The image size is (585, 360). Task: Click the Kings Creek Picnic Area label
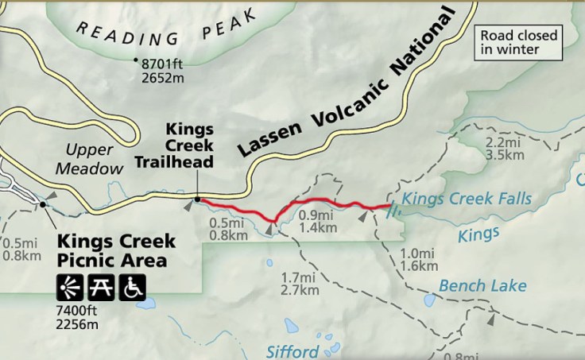(x=114, y=250)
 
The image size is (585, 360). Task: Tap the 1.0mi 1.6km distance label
(x=417, y=258)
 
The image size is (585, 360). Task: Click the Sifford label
(x=292, y=350)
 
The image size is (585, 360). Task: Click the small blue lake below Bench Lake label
(x=430, y=302)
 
